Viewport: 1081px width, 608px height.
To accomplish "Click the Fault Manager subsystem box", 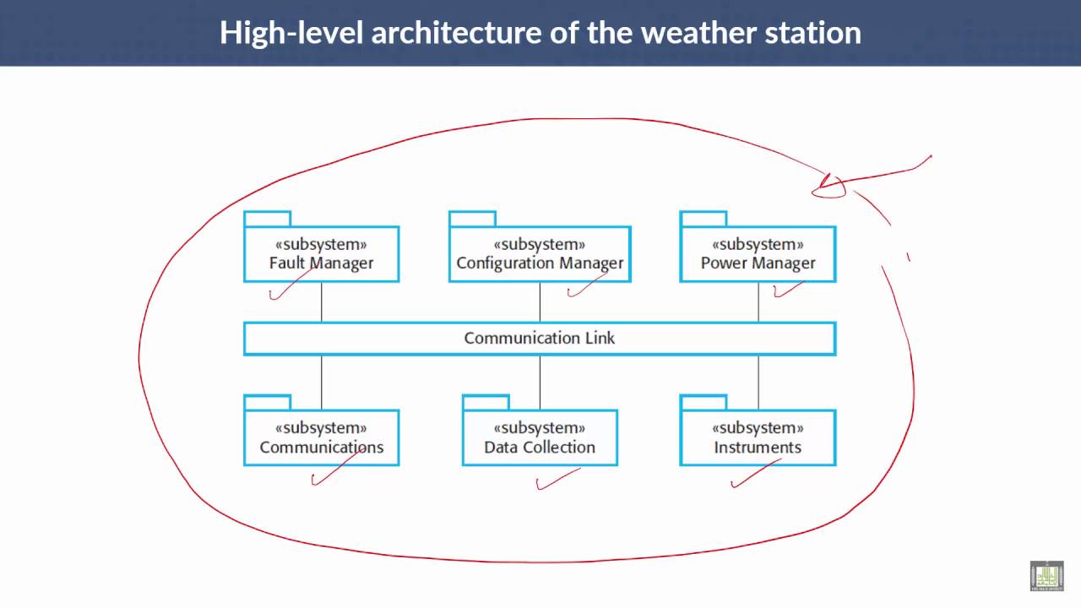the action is coord(322,254).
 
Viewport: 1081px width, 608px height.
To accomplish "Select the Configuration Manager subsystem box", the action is coord(540,254).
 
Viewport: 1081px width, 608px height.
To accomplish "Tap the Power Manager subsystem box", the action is coord(758,254).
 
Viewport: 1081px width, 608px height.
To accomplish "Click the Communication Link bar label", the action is coord(540,339).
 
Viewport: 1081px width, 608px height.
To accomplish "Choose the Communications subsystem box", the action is coord(322,437).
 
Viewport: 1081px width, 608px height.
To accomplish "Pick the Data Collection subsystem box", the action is coord(540,437).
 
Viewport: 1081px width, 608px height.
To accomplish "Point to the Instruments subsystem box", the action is coord(758,437).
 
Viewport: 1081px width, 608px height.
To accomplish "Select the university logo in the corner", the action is coord(1046,576).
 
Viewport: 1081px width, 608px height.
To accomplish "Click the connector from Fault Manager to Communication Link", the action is coord(322,302).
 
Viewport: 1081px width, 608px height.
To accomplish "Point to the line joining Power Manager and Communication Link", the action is coord(758,302).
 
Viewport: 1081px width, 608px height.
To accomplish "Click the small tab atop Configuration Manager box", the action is coord(472,219).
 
